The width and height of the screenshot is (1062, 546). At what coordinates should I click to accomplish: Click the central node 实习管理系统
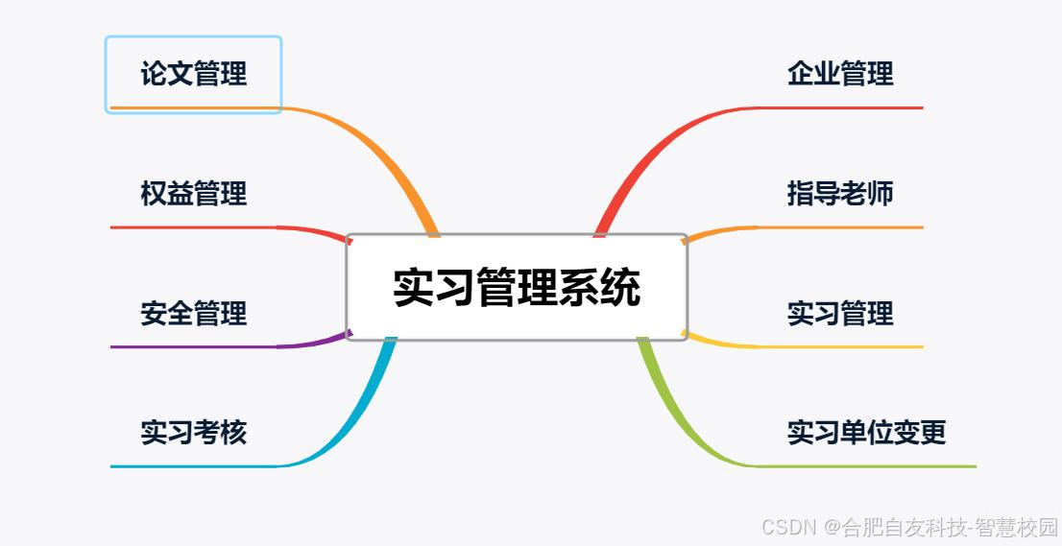coord(517,287)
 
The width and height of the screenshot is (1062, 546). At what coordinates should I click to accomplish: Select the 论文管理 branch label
coord(193,74)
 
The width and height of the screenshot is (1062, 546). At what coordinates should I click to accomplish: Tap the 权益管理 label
coord(193,194)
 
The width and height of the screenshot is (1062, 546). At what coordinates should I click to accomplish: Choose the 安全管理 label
coord(193,314)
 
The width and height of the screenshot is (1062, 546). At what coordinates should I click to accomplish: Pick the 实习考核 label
coord(193,433)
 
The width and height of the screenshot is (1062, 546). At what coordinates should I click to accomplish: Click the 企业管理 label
coord(840,74)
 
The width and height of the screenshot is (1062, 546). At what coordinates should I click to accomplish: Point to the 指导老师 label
coord(840,194)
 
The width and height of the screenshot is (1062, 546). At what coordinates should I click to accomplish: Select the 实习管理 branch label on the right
coord(840,314)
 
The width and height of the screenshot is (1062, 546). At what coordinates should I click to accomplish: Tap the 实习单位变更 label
coord(866,433)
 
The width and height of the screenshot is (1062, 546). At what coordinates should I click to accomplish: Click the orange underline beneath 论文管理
coord(192,107)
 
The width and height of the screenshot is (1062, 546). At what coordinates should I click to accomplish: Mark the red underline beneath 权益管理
coord(192,227)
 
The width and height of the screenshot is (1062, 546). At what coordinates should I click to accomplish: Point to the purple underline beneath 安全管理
coord(192,346)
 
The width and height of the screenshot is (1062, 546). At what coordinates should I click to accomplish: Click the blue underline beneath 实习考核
coord(192,466)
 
